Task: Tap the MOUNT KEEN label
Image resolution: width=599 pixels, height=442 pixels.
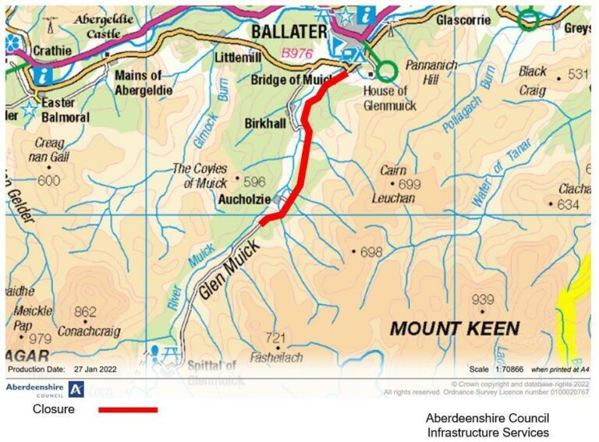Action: pyautogui.click(x=454, y=328)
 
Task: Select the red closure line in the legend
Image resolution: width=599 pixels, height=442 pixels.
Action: pyautogui.click(x=127, y=409)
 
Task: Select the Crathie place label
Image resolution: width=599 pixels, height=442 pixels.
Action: pyautogui.click(x=51, y=51)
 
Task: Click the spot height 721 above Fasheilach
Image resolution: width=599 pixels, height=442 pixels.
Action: pyautogui.click(x=277, y=337)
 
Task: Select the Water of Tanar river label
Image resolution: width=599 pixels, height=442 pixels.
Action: pyautogui.click(x=500, y=172)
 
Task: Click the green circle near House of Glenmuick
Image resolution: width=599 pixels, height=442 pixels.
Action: pyautogui.click(x=385, y=72)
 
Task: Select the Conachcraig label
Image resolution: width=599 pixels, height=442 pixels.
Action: pyautogui.click(x=89, y=331)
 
